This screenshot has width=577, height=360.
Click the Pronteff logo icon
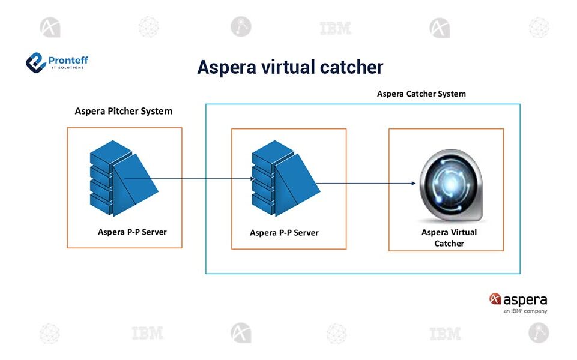pyautogui.click(x=36, y=62)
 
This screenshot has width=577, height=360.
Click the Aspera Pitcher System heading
pyautogui.click(x=123, y=111)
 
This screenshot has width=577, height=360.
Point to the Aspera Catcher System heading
pyautogui.click(x=421, y=94)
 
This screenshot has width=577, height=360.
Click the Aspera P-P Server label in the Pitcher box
pyautogui.click(x=132, y=232)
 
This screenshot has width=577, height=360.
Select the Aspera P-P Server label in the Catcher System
pyautogui.click(x=284, y=233)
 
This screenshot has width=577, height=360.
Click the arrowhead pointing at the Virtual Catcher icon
pyautogui.click(x=412, y=184)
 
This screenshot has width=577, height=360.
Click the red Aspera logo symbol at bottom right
pyautogui.click(x=495, y=299)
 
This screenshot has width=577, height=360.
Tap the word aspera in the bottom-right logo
pyautogui.click(x=525, y=299)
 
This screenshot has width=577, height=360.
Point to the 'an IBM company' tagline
pyautogui.click(x=525, y=311)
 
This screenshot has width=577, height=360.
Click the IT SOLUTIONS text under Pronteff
pyautogui.click(x=68, y=67)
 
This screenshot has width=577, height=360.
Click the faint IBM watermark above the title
pyautogui.click(x=335, y=28)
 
